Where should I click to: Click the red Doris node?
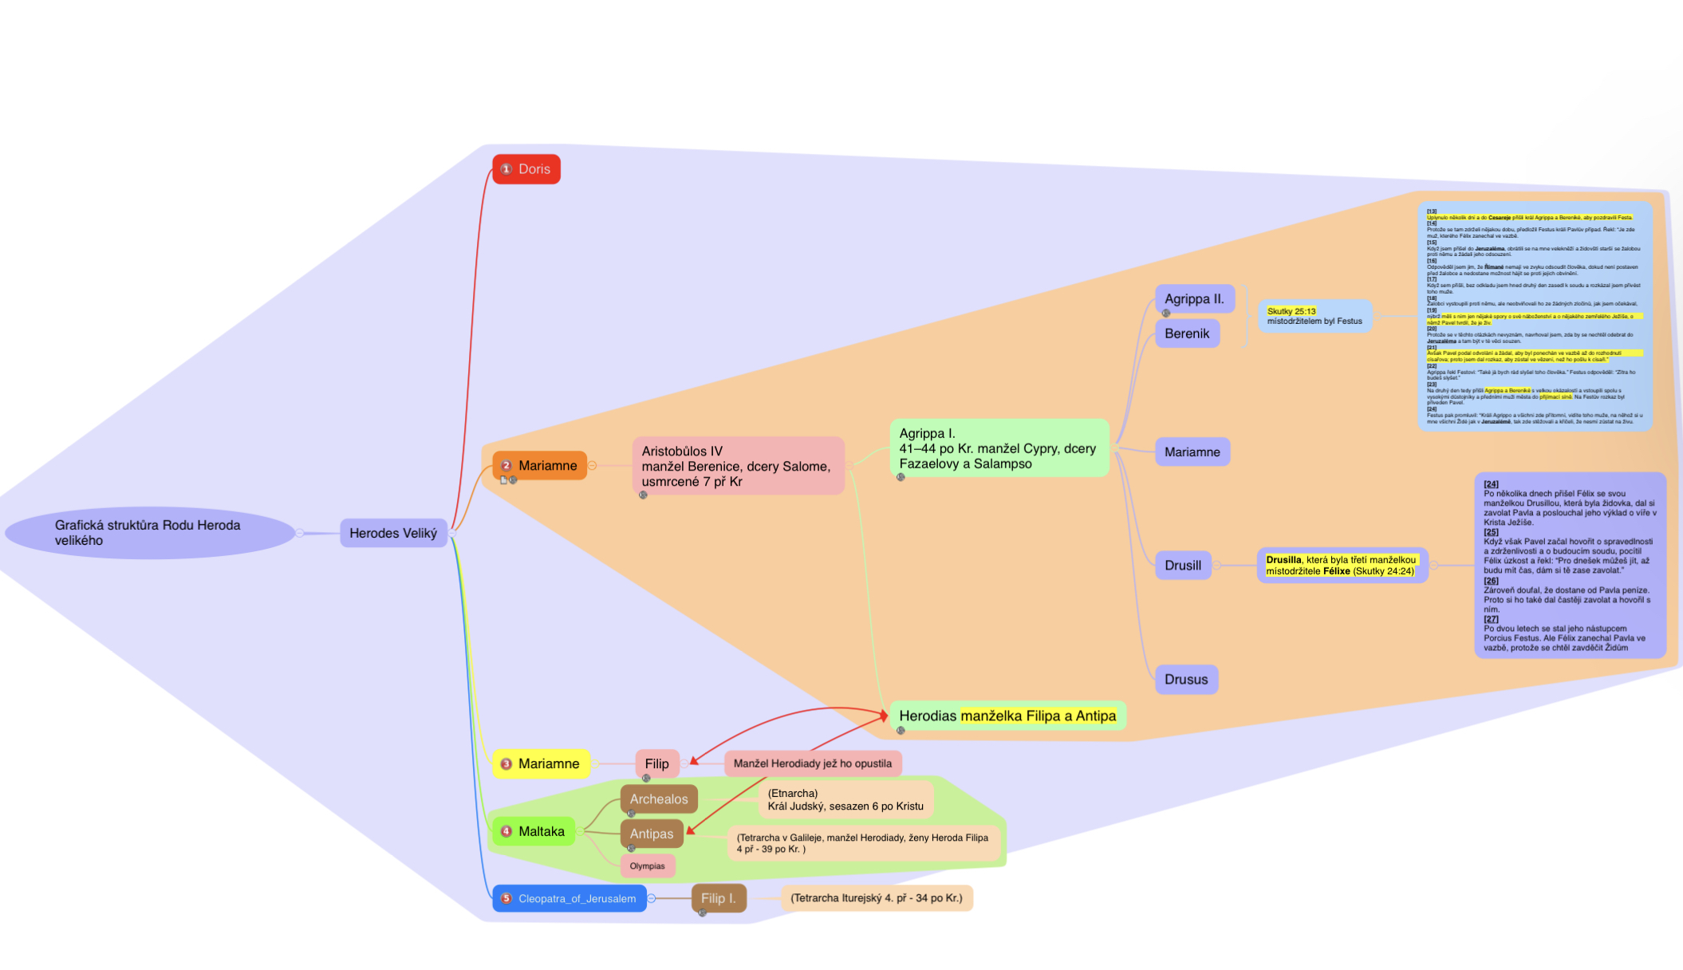526,169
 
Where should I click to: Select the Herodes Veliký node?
393,533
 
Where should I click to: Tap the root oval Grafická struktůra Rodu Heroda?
150,533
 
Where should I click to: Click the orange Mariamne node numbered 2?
540,466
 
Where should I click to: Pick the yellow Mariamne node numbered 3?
542,764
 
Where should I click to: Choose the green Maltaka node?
534,831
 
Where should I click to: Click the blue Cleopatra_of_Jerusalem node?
570,899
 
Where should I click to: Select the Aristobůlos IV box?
738,466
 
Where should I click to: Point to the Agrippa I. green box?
999,448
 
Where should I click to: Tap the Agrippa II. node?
1194,299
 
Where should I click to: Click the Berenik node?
1187,333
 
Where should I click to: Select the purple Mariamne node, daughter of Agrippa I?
1192,452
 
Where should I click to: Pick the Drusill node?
1183,566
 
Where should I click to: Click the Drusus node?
1186,680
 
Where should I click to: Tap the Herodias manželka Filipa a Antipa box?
1007,716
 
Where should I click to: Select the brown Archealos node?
659,799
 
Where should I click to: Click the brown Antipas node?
652,834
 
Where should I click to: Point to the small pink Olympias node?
648,866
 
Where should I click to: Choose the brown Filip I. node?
719,898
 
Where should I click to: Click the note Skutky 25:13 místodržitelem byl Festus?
1314,317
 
